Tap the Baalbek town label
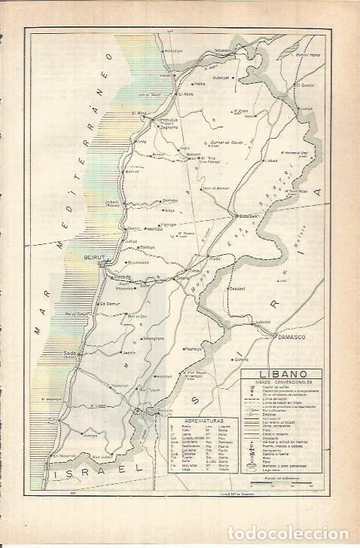[249, 216]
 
